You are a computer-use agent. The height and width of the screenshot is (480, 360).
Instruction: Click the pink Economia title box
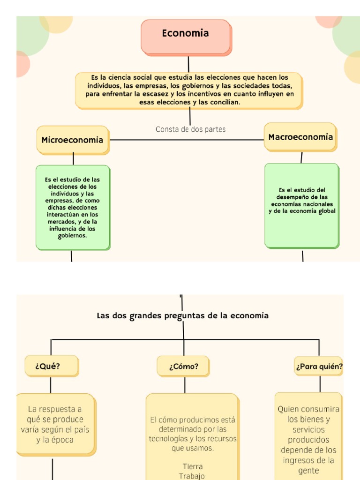click(186, 37)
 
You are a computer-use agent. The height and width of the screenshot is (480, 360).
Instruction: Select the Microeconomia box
click(73, 140)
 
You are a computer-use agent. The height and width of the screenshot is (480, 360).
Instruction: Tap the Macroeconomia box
click(300, 137)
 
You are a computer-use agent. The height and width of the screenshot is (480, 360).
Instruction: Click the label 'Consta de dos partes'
click(190, 129)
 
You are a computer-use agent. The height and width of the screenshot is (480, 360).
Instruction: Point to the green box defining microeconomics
click(73, 207)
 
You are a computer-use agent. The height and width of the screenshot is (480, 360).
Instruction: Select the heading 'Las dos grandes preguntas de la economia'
click(182, 316)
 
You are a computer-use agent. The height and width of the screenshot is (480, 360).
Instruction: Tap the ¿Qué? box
click(51, 366)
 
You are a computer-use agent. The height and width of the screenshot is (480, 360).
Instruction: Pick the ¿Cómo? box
click(183, 367)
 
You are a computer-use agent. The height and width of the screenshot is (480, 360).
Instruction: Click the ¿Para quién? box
click(319, 366)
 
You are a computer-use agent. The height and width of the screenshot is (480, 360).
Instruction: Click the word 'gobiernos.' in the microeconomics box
click(73, 236)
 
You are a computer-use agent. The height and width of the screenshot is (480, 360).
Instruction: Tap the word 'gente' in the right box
click(308, 471)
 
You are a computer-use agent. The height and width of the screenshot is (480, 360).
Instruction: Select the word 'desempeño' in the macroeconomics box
click(292, 197)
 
